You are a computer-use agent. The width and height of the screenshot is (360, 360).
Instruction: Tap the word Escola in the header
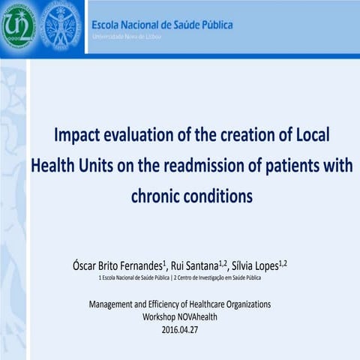[x=109, y=25]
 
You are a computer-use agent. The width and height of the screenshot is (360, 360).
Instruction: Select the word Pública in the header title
[x=212, y=25]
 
